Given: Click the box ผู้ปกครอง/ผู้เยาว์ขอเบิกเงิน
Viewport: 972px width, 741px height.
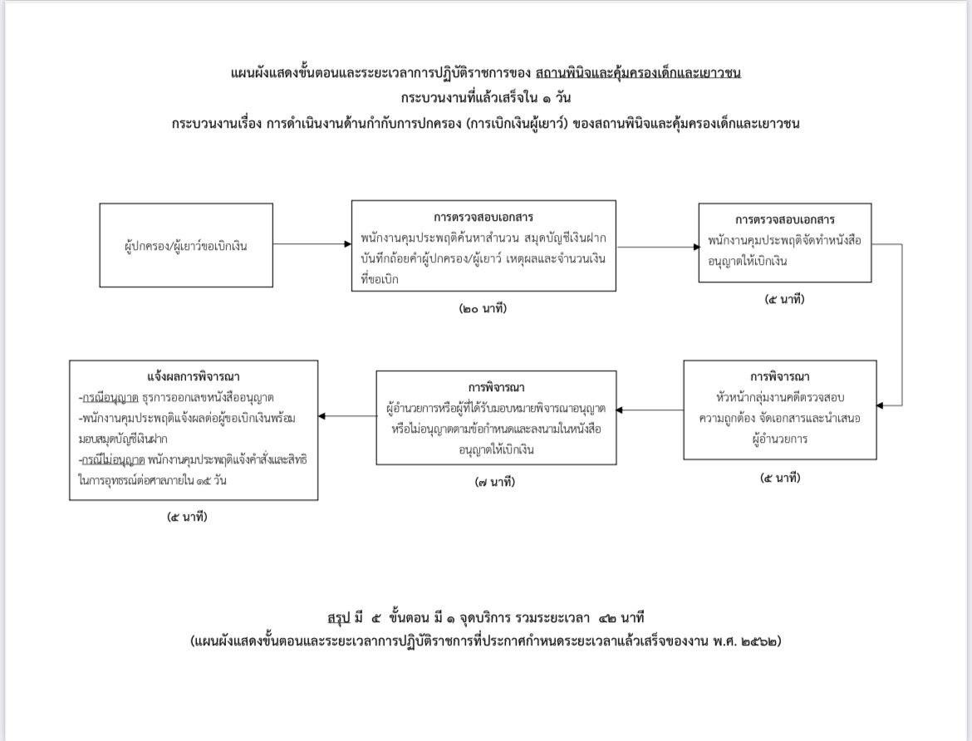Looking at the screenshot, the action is (x=186, y=245).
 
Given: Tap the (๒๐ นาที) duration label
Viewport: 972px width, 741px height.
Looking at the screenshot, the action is (x=483, y=308).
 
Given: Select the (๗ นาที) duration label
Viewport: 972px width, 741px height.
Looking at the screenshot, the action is (x=494, y=482).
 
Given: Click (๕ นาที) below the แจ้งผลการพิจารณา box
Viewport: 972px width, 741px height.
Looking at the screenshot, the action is (x=187, y=517).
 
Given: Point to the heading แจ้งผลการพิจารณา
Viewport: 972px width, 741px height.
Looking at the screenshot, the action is (x=194, y=376).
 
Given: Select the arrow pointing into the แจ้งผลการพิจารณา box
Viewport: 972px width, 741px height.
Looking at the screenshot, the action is (x=347, y=416).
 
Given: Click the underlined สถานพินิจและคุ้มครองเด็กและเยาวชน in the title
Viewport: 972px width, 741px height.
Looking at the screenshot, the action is (x=638, y=73).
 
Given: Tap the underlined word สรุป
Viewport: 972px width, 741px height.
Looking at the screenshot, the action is (x=338, y=617).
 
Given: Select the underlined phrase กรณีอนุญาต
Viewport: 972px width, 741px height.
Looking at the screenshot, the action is (x=110, y=397).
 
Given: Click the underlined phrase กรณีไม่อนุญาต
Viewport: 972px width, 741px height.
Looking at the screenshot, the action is (x=114, y=460).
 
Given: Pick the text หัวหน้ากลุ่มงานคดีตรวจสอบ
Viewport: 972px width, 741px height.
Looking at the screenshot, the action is (x=780, y=397).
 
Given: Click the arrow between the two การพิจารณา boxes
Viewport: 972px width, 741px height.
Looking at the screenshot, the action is (x=650, y=410).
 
